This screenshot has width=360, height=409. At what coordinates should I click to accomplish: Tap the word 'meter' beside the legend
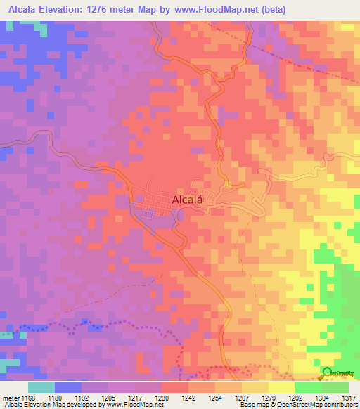click(11, 398)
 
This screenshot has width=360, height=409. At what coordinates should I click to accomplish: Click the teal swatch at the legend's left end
click(41, 387)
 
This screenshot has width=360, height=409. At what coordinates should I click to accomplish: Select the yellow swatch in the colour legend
click(281, 387)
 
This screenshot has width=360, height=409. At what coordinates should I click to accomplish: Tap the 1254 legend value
click(215, 398)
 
